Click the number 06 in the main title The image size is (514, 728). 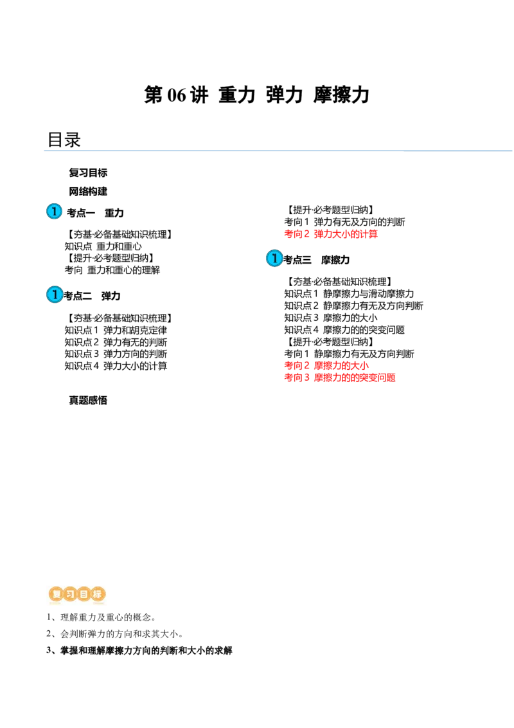176,95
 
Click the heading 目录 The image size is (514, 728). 64,140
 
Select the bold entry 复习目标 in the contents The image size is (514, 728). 88,173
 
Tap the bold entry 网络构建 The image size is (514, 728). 88,191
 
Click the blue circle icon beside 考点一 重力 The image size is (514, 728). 54,211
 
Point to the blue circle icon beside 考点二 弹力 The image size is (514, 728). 54,295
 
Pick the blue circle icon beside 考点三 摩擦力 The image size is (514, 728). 274,258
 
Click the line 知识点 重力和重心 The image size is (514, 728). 103,246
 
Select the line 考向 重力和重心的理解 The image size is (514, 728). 112,269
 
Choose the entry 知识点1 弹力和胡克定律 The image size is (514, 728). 116,330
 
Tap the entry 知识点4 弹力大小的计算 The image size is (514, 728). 116,366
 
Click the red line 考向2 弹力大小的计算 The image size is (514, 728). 331,234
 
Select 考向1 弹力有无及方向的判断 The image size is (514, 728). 344,222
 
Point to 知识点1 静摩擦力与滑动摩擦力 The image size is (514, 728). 349,293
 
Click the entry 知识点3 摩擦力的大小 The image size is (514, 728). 331,318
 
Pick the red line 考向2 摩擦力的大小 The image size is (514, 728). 326,365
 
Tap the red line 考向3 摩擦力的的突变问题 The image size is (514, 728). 340,378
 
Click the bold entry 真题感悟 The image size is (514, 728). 88,400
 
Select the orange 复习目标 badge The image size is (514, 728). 77,594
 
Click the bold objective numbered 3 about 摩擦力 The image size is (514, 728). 139,650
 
